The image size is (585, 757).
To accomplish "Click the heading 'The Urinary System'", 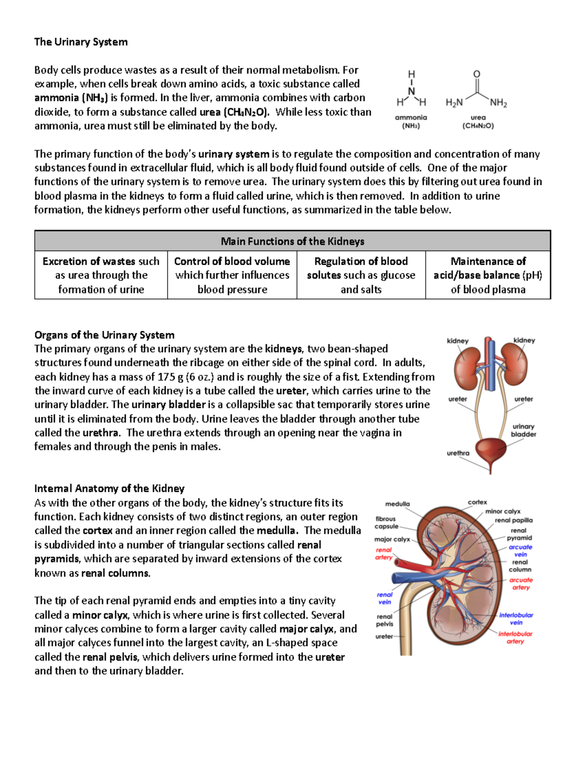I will pos(81,42).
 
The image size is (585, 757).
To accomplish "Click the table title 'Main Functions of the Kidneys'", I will pos(292,241).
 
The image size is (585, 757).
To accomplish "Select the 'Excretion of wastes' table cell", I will pos(101,275).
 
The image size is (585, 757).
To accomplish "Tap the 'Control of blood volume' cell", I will pos(232,275).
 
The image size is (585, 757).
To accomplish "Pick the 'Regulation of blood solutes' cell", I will pos(361,275).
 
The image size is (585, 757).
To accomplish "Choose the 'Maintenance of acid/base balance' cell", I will pos(488,275).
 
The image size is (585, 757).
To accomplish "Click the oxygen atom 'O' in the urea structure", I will pos(477,74).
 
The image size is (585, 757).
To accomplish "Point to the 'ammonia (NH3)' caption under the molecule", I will pos(411,121).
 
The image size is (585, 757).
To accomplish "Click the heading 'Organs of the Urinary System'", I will pos(104,335).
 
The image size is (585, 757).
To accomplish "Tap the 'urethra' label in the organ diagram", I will pos(458,453).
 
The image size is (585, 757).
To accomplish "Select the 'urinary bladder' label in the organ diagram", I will pos(523,430).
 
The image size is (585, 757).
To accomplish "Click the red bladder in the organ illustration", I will pos(490,451).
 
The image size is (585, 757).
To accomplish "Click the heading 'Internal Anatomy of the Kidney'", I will pos(109,488).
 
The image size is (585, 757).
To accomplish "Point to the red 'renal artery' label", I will pos(384,553).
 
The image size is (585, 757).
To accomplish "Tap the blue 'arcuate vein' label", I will pos(520,550).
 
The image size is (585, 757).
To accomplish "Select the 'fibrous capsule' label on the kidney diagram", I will pos(386,523).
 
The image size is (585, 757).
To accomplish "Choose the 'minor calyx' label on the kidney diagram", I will pos(503,511).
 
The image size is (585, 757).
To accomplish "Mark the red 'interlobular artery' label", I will pos(515,637).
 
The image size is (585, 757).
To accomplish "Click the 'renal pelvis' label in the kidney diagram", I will pos(384,620).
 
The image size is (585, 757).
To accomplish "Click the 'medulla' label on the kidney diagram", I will pos(397,504).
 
